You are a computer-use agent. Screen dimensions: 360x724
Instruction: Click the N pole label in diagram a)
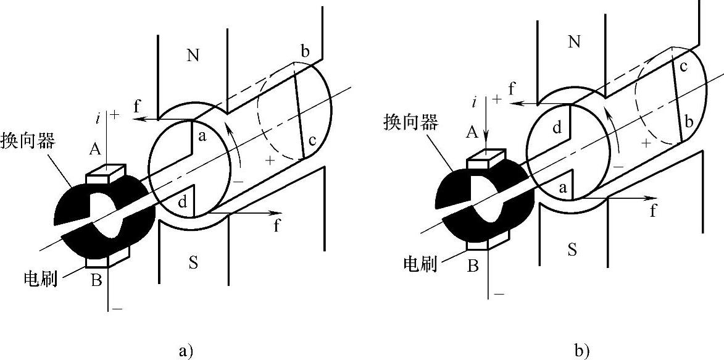point(193,55)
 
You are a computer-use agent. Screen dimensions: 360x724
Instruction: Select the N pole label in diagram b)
point(574,42)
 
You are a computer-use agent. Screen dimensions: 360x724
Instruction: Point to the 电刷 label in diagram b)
point(420,264)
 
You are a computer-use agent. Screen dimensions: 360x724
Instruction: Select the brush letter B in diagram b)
point(473,267)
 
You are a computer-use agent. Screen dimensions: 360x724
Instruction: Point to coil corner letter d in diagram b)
point(556,128)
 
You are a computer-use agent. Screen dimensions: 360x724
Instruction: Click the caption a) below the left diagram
point(185,351)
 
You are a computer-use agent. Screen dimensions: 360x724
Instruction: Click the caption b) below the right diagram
point(581,351)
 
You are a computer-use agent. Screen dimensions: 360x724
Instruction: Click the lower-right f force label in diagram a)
point(276,227)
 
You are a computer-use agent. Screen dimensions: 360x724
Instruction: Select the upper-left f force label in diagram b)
point(512,88)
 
